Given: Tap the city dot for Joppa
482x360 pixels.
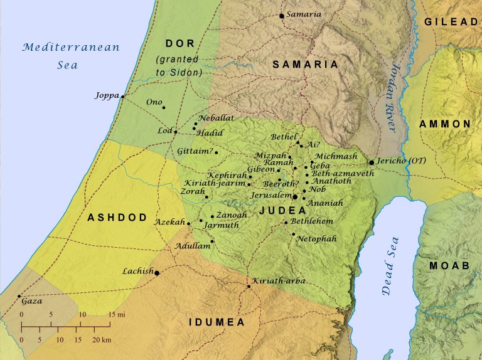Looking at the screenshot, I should click(122, 96).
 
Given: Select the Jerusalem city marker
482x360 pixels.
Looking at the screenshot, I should click(295, 197).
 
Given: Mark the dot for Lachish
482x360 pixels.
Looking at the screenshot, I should click(157, 273).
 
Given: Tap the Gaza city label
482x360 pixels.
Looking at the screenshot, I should click(32, 301).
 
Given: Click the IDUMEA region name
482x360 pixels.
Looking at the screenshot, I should click(217, 322).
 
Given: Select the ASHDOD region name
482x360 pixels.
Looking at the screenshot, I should click(117, 218).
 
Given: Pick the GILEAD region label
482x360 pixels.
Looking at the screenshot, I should click(451, 21).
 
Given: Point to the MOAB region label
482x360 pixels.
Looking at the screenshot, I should click(449, 266).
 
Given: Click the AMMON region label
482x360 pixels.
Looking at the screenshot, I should click(444, 124).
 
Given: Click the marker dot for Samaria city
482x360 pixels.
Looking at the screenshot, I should click(282, 16).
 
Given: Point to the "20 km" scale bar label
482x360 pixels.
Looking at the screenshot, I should click(102, 339).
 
